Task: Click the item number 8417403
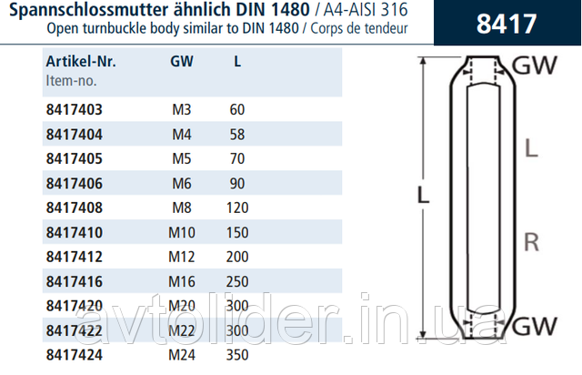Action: pos(75,109)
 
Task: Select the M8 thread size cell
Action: pos(182,208)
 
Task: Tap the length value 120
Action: pos(237,208)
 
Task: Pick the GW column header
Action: pos(182,61)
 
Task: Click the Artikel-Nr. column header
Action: pos(81,61)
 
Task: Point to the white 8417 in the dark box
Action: pos(507,24)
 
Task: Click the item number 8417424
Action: pos(75,355)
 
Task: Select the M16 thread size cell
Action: pos(182,281)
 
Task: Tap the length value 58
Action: pos(237,134)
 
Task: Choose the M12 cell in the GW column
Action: pos(182,257)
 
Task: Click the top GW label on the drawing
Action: pos(535,66)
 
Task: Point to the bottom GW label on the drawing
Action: pos(535,326)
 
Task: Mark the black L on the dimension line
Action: pos(423,195)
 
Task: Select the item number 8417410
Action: pos(75,232)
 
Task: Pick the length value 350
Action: pos(237,355)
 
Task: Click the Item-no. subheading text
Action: pos(71,81)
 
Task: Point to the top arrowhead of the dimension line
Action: pos(422,61)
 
